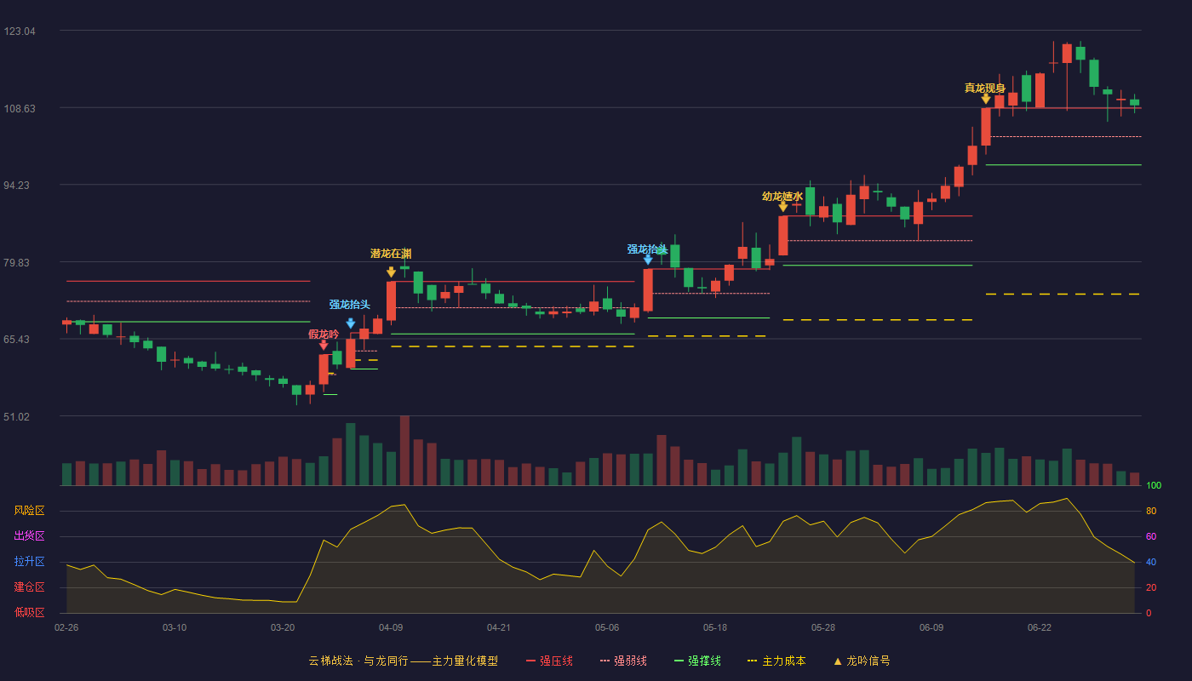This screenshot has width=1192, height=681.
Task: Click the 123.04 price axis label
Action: pos(20,31)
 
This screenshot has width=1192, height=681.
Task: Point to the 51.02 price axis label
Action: pos(16,416)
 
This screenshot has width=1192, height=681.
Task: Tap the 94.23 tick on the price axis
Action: pos(16,186)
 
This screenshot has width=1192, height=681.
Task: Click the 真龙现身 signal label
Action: pos(985,88)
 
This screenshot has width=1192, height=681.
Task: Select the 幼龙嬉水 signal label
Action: pos(782,197)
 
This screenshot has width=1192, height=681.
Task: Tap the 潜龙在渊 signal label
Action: pos(391,254)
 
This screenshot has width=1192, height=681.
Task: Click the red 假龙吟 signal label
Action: pos(324,334)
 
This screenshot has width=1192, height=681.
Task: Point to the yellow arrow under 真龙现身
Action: pos(986,99)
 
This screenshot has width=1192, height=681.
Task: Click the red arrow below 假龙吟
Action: pos(324,346)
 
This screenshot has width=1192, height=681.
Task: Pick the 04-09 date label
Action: pos(391,628)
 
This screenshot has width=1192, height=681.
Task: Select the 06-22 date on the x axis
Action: pos(1040,628)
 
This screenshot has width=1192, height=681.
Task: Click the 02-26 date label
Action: pos(66,628)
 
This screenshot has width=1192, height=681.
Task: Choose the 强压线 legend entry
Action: pos(549,661)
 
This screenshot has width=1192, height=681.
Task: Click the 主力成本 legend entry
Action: pos(777,661)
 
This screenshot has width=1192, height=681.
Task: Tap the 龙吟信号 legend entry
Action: pos(862,661)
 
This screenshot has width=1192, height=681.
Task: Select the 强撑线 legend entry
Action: pos(697,661)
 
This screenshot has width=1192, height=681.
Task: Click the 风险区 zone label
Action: pos(29,510)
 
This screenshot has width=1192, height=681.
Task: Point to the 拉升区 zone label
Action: pos(29,561)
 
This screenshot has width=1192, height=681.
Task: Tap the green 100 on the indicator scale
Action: pos(1154,485)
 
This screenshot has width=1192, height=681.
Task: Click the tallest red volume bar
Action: pos(404,450)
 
